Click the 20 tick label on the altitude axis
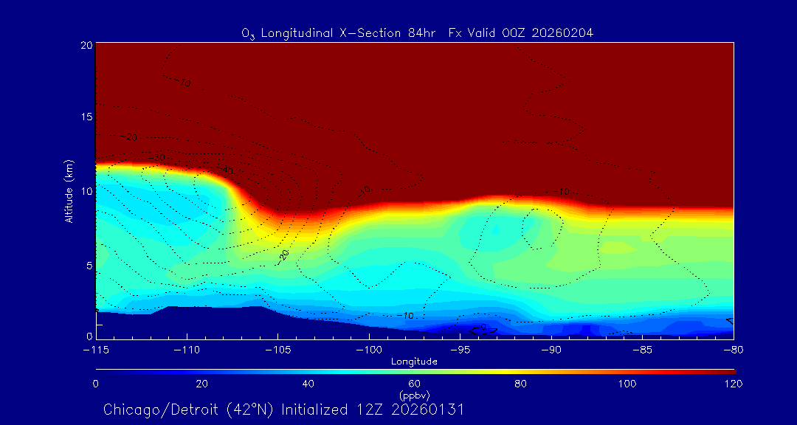click(86, 45)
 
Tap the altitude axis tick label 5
click(89, 265)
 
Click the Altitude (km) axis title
click(69, 191)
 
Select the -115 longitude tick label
click(96, 349)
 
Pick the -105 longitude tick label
click(277, 349)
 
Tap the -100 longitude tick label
click(368, 349)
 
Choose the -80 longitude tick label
click(733, 349)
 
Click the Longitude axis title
click(415, 362)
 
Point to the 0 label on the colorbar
click(96, 384)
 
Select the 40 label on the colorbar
click(308, 384)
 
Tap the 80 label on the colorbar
click(521, 384)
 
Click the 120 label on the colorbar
click(733, 384)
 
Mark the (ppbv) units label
click(415, 395)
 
